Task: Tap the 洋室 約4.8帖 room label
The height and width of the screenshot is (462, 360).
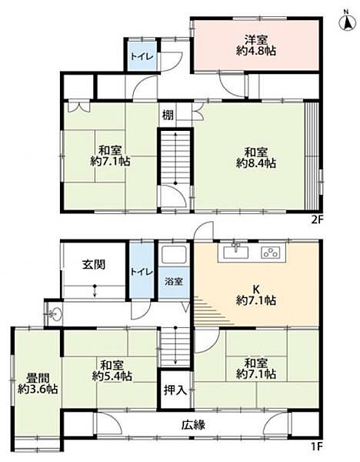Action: (256, 45)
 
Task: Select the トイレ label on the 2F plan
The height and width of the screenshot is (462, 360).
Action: (142, 56)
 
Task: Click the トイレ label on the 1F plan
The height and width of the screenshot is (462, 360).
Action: (142, 272)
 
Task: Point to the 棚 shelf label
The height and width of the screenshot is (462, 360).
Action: (168, 115)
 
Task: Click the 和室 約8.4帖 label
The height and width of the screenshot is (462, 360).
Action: (256, 158)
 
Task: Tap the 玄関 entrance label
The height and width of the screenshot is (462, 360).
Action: (93, 265)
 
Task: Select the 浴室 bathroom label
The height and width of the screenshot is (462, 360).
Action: (174, 282)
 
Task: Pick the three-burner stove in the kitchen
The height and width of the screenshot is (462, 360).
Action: (271, 253)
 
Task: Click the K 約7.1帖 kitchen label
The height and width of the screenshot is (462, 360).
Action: (256, 295)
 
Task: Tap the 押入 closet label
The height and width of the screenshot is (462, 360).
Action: (175, 390)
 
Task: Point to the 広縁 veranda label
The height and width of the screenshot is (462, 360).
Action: (193, 425)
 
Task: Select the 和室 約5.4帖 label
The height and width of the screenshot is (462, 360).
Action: (112, 370)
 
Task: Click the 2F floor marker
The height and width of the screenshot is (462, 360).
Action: (317, 220)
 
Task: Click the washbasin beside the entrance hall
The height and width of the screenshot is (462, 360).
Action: (54, 314)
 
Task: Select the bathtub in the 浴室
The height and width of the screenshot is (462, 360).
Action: (175, 254)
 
